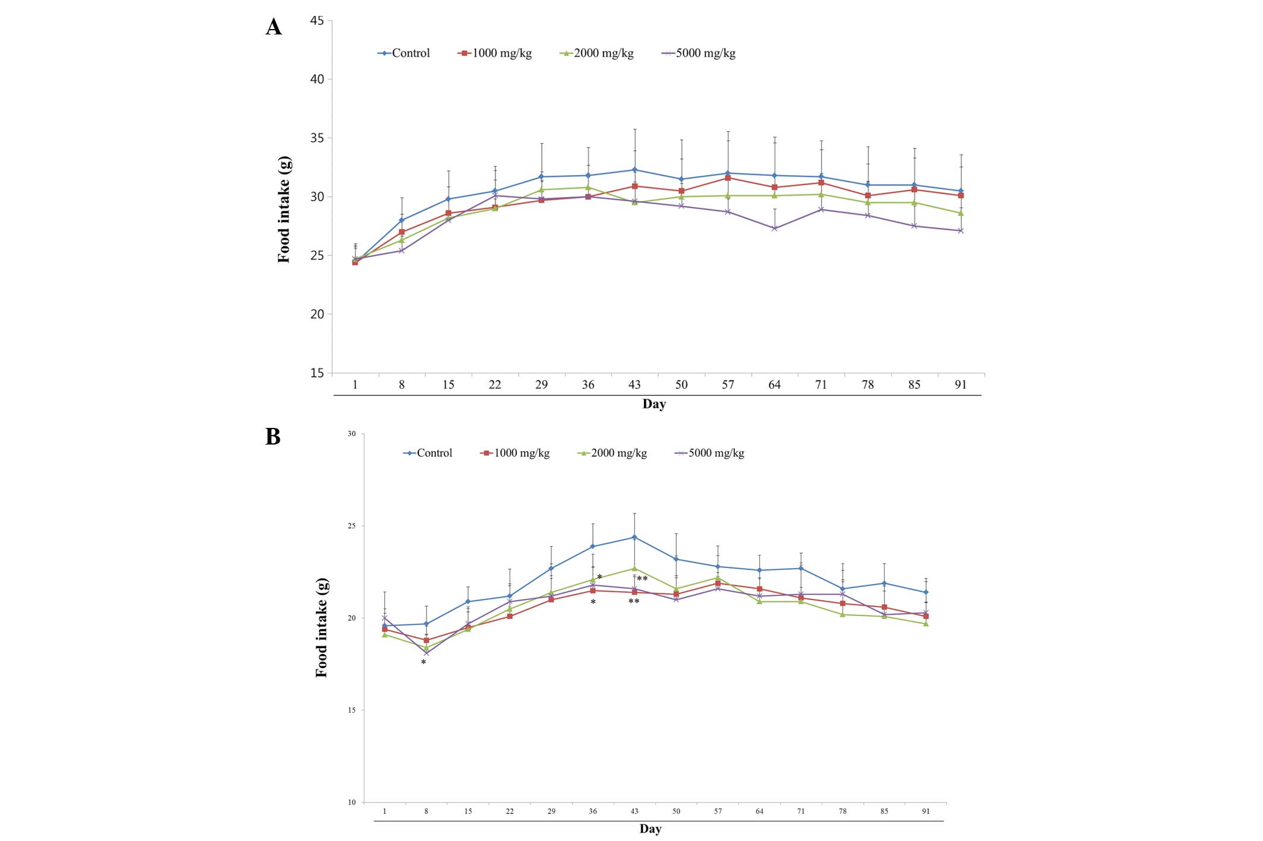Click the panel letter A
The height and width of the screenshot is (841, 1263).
coord(273,27)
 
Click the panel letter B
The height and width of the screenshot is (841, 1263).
coord(273,437)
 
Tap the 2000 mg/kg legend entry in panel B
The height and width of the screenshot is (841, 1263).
coord(612,453)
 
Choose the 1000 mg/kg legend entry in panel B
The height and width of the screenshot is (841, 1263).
coord(515,453)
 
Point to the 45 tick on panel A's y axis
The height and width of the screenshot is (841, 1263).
coord(317,21)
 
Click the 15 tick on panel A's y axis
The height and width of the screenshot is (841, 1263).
coord(317,373)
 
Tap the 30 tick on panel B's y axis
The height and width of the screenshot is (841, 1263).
coord(352,434)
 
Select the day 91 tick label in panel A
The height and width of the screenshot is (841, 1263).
coord(961,385)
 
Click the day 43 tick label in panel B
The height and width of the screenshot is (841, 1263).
coord(634,811)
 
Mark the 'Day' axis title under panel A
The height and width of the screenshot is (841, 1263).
coord(654,404)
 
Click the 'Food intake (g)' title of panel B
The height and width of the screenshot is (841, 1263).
coord(321,627)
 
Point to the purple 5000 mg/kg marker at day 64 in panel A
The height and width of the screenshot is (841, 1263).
coord(775,229)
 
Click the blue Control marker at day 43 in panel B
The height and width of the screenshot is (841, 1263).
coord(634,537)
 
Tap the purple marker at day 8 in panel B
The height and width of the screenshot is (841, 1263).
coord(427,653)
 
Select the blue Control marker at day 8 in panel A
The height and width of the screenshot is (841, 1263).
coord(402,220)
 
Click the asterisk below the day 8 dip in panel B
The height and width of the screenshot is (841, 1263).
coord(424,662)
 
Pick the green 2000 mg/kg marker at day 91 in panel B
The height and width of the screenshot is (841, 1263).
coord(926,624)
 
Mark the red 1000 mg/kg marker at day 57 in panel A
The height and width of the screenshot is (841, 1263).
coord(728,178)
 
